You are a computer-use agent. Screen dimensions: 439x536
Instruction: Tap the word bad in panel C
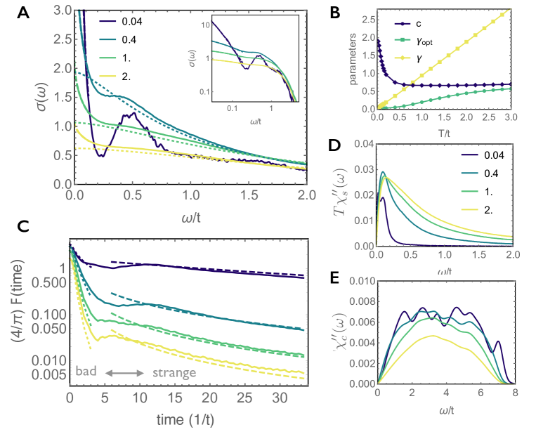coord(87,372)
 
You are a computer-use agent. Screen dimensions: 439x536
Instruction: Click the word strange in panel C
coord(174,372)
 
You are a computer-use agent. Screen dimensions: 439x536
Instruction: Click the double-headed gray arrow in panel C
coord(123,372)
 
